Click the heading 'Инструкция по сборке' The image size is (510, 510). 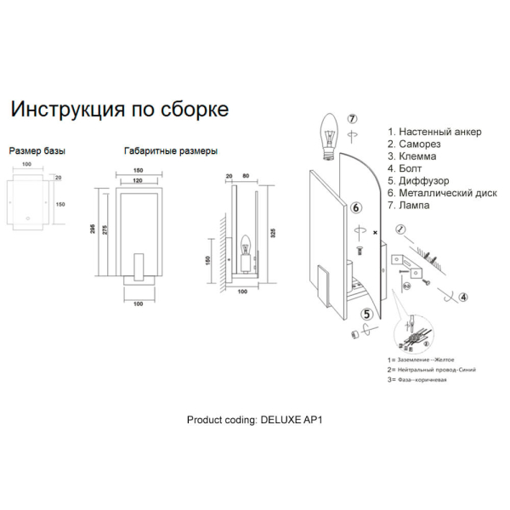118,110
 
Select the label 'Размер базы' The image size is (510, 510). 37,150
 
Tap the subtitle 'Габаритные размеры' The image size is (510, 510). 170,150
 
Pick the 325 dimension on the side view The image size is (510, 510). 271,230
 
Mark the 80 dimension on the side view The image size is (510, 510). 245,177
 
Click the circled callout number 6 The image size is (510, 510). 356,207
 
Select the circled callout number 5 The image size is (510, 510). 366,314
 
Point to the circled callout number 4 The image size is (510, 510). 462,297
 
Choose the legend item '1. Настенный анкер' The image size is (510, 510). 434,132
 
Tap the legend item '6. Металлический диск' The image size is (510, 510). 442,193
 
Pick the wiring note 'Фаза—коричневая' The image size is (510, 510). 420,379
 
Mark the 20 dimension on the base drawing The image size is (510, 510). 58,178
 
